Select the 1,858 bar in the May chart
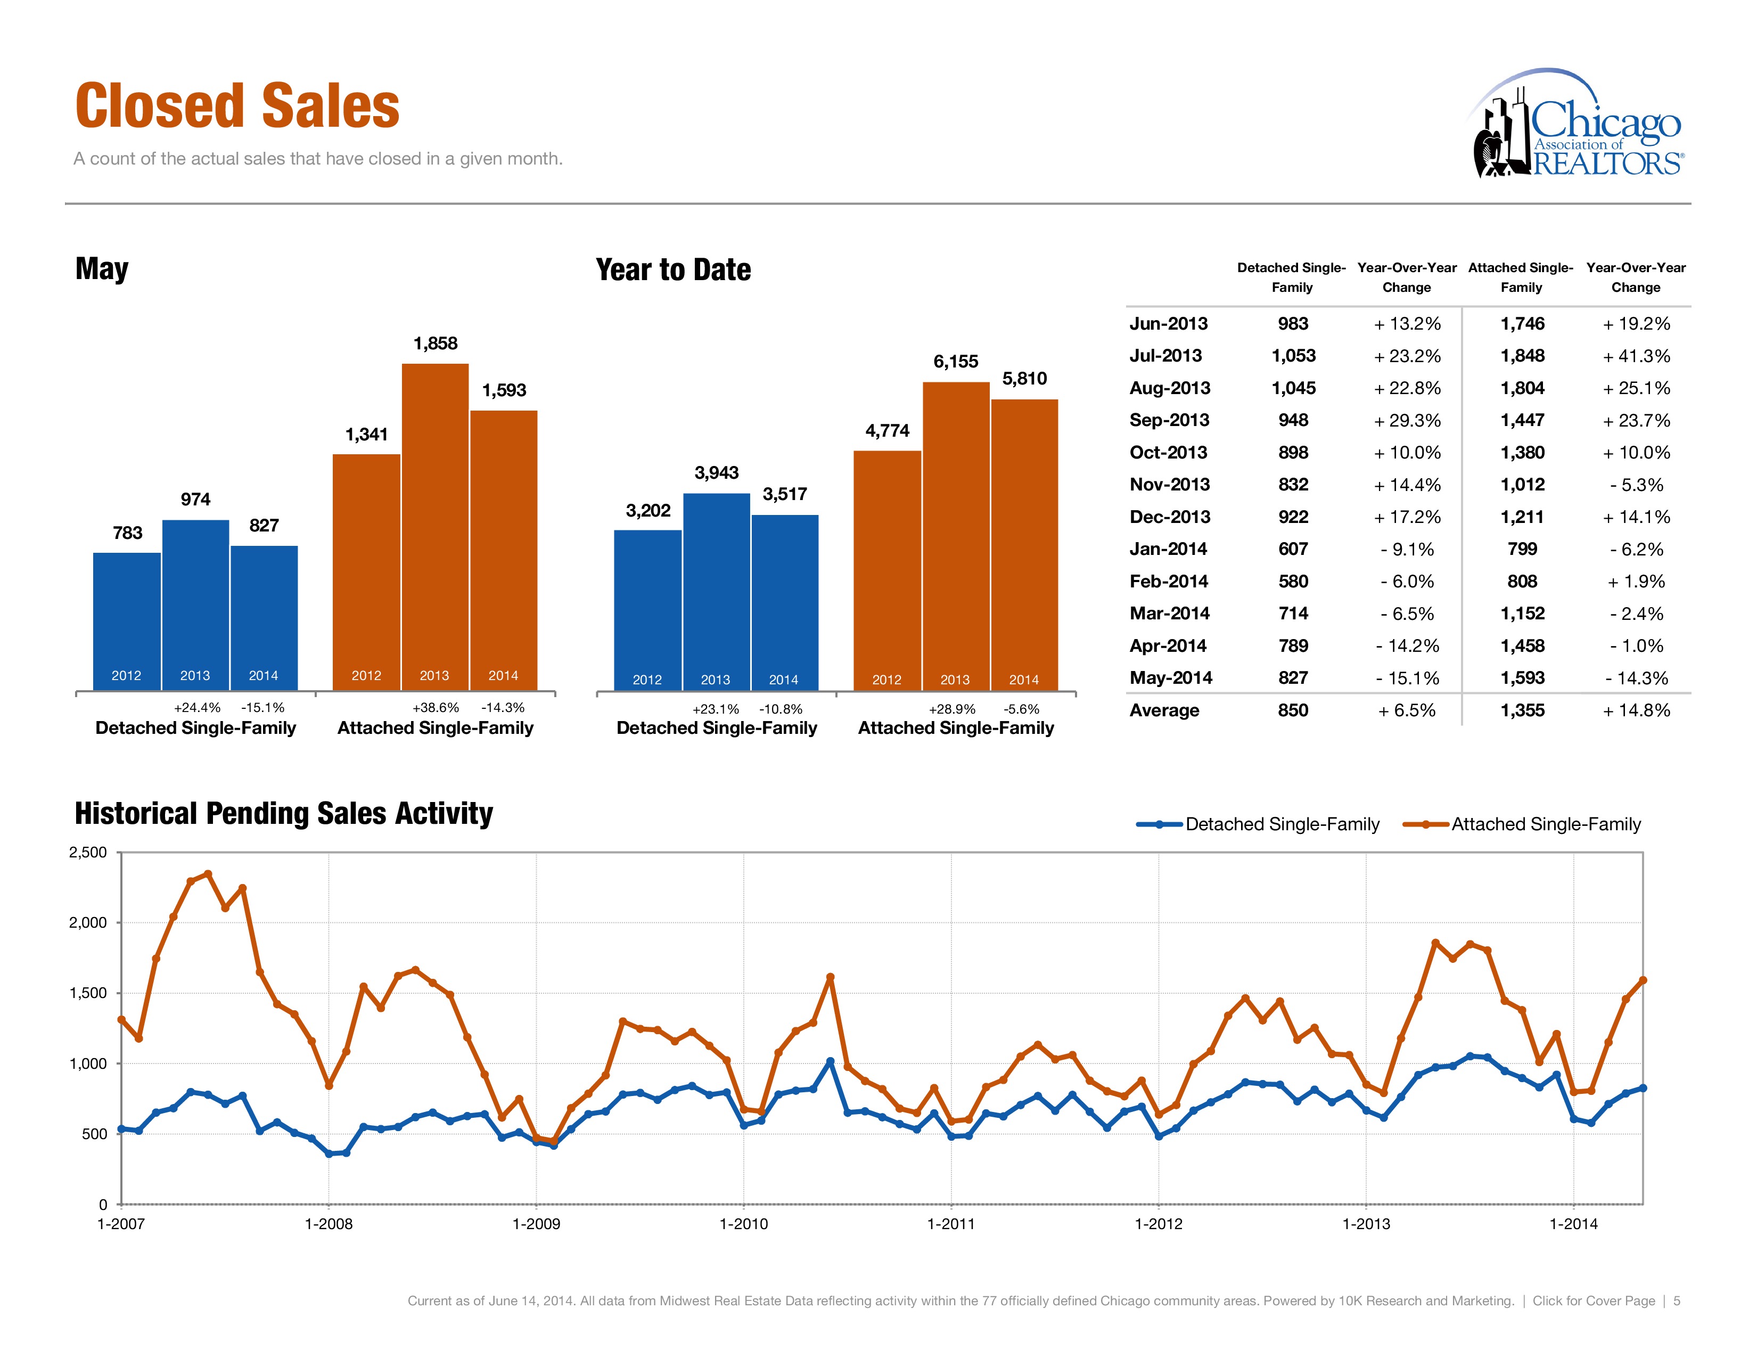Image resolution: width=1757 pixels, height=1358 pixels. [x=434, y=527]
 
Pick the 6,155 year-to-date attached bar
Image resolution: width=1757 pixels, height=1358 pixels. [x=955, y=535]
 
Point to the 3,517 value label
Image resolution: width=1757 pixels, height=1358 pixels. [x=784, y=494]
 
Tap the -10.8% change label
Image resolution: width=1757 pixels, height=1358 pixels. [x=781, y=709]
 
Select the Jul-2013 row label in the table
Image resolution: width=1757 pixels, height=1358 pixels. [x=1165, y=356]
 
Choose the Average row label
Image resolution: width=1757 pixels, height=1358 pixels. [x=1163, y=710]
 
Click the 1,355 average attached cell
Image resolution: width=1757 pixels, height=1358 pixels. [x=1522, y=710]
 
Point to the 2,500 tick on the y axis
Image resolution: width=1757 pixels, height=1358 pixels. [x=88, y=853]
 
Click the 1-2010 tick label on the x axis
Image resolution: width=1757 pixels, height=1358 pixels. [x=743, y=1224]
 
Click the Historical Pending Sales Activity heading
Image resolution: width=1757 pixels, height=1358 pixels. [x=283, y=813]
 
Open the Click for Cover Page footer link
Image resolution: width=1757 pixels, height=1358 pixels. [x=1593, y=1301]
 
